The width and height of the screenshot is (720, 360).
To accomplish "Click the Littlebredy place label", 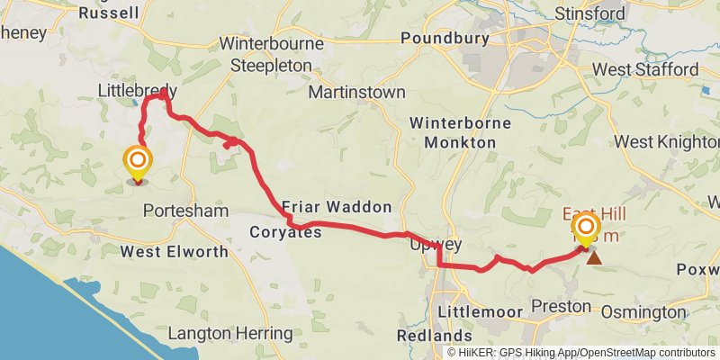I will (137, 91).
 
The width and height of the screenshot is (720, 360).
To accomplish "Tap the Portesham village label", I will (185, 211).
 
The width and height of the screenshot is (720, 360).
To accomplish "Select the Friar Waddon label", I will (337, 206).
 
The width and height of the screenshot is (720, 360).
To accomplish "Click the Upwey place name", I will (436, 244).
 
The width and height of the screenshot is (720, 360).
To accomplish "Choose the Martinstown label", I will (355, 93).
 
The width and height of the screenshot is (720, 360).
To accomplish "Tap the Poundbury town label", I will (445, 38).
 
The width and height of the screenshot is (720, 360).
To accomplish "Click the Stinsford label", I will (615, 13).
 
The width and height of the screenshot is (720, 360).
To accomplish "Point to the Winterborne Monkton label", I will (460, 131).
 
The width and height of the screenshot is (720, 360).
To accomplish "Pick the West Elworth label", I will (165, 251).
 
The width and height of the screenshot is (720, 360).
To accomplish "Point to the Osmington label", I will (643, 311).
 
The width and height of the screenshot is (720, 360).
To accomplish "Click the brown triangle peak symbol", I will (594, 257).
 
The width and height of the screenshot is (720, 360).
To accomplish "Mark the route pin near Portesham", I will (138, 164).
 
